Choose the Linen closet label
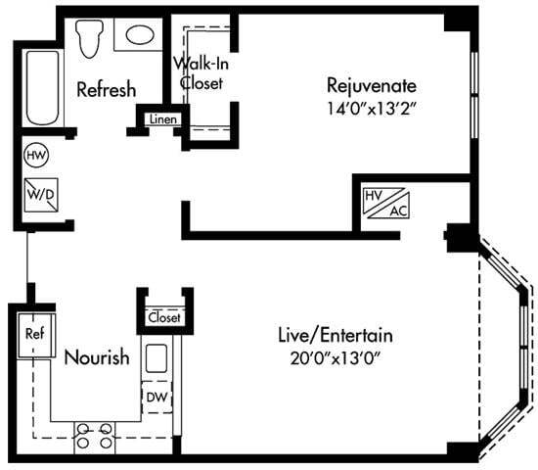click(x=161, y=119)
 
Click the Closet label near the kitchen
click(x=163, y=318)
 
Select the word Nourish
click(x=96, y=357)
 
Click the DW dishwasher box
click(x=156, y=398)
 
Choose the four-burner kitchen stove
click(x=94, y=435)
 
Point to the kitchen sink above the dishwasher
click(x=157, y=358)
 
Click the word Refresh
click(x=105, y=89)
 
